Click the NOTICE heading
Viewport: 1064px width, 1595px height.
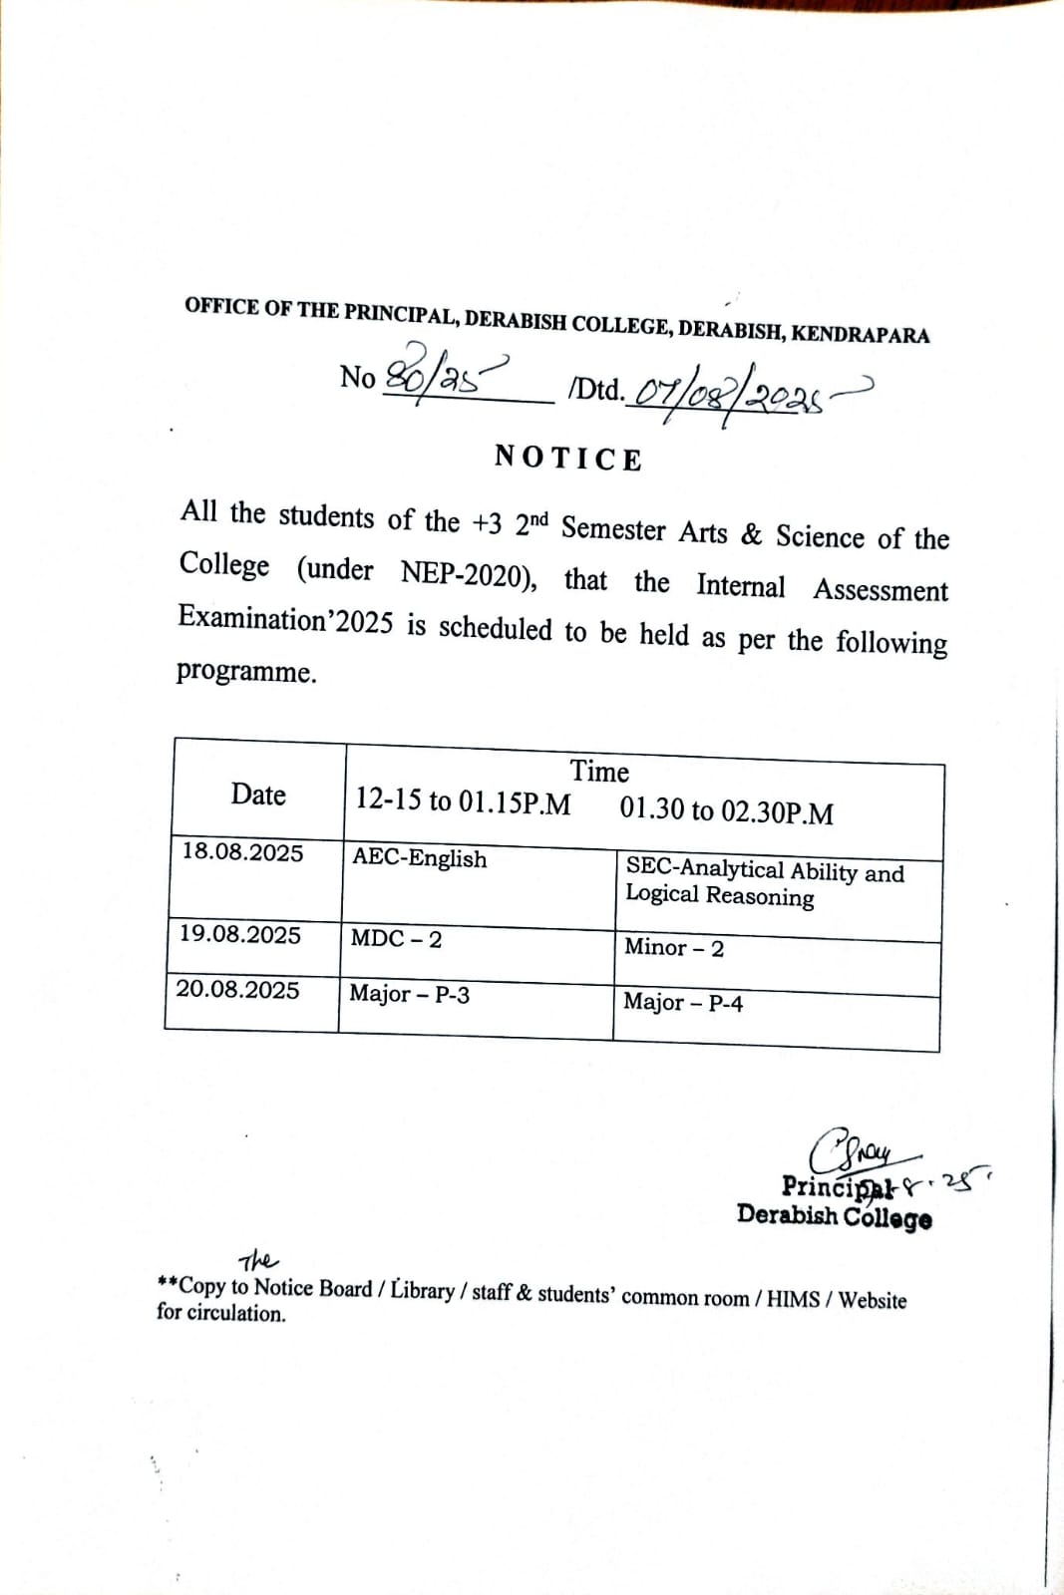[568, 459]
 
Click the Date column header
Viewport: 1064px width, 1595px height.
[258, 795]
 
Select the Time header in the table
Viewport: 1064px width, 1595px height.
[599, 772]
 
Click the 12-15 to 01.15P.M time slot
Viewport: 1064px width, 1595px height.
[463, 800]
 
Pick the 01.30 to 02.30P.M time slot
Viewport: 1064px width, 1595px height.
[726, 810]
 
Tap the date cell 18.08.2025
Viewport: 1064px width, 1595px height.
[242, 852]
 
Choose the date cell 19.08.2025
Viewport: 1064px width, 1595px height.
[239, 934]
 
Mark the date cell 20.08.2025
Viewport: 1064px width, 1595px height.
[237, 989]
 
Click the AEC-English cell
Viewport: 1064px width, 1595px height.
[420, 858]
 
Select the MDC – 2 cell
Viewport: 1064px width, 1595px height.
[396, 938]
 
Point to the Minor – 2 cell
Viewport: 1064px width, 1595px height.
[674, 947]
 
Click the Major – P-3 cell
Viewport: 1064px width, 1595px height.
[409, 994]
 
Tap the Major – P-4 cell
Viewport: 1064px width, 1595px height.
[683, 1002]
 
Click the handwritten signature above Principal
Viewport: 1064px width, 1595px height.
[854, 1151]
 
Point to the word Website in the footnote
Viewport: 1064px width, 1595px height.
[873, 1300]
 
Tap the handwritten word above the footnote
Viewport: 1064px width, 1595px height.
[258, 1260]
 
